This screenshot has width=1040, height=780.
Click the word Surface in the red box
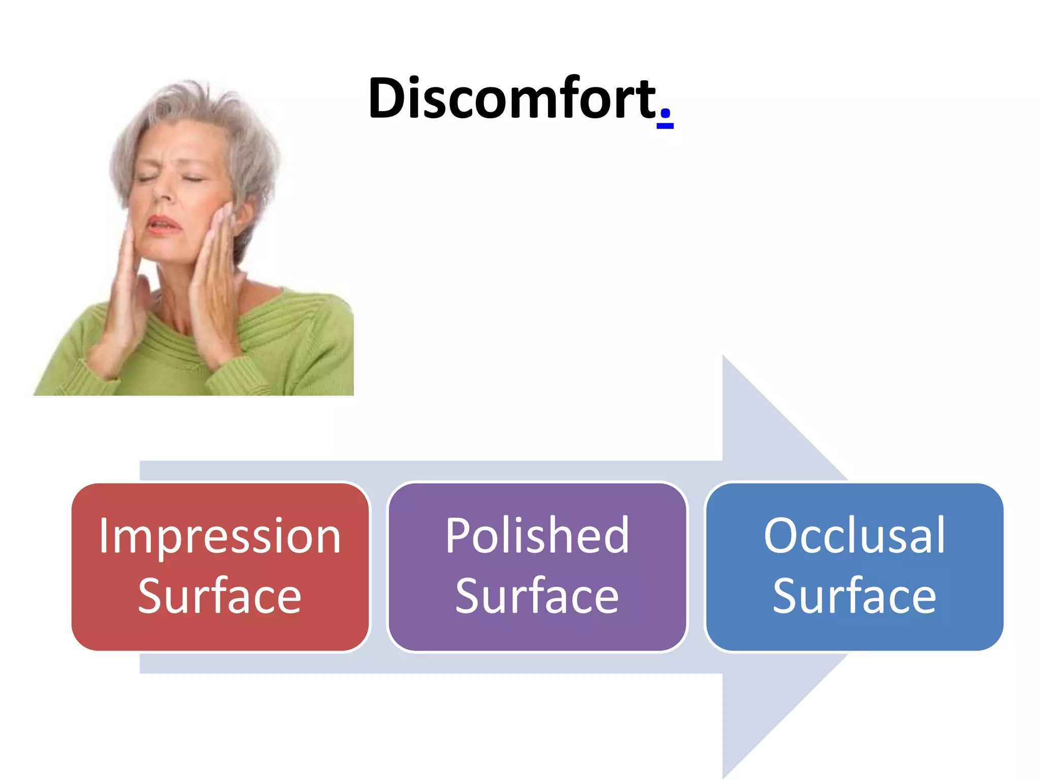coord(219,596)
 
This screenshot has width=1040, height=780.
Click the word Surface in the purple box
coord(537,596)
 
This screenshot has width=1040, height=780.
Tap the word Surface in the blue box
coord(854,596)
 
